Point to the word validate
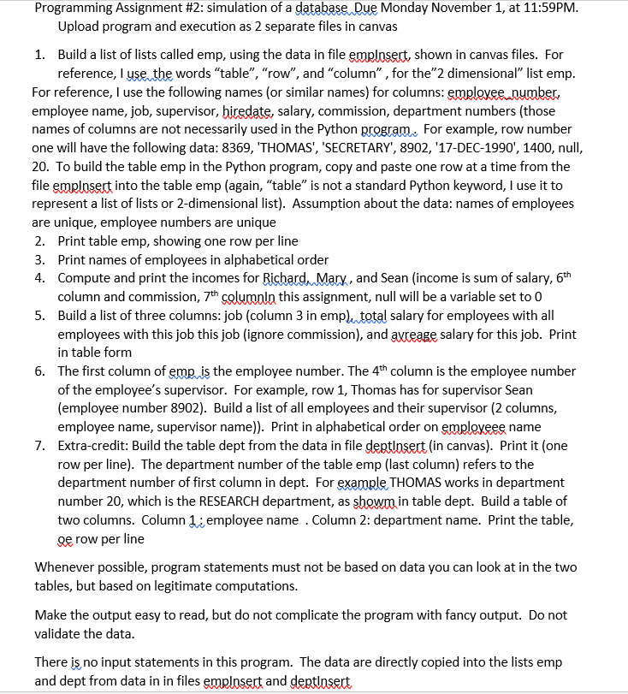click(x=58, y=634)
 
